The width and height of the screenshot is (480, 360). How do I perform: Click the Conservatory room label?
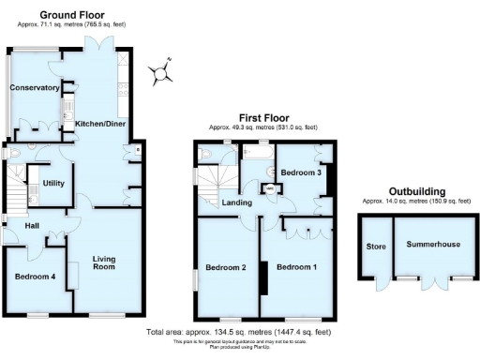click(34, 88)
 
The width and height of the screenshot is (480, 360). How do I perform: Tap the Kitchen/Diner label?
click(100, 124)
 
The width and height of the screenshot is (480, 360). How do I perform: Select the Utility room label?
click(53, 183)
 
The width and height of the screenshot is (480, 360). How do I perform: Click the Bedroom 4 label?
click(35, 277)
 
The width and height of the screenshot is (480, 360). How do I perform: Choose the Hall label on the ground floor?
click(19, 226)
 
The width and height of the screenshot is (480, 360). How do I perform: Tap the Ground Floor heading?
click(71, 15)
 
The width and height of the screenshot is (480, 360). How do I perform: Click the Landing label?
click(234, 202)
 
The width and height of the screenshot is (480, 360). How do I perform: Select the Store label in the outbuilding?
click(374, 247)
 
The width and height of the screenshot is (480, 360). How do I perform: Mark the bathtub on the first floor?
click(257, 150)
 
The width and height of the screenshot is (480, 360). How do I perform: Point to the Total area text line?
click(240, 332)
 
